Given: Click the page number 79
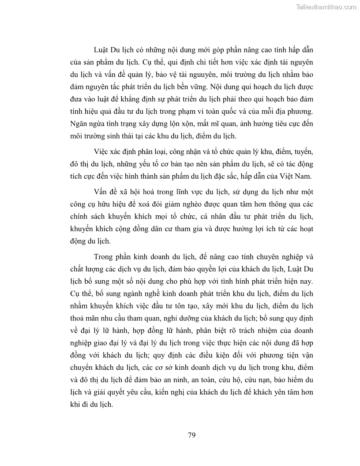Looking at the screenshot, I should coord(191,435).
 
